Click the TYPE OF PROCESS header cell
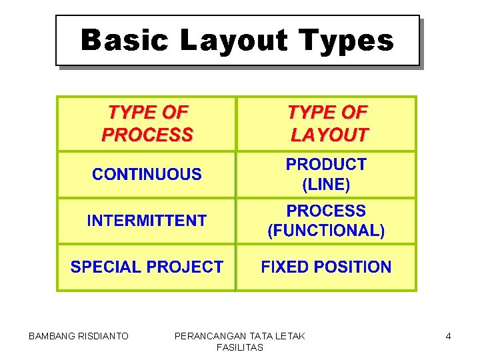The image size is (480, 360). coord(147,123)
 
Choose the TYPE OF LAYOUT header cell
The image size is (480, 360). coord(327,123)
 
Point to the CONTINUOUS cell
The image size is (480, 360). coord(147,175)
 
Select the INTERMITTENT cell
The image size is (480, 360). coord(147,221)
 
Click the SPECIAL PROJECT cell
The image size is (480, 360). coord(147,267)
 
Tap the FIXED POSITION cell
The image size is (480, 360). coord(326,267)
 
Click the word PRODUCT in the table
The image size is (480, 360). coord(326,164)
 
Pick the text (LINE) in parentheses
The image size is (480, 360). coord(326,184)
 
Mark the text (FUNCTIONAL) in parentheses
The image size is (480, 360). coord(326,231)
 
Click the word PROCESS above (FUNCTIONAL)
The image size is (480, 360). coord(326,211)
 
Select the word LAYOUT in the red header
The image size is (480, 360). coord(329,135)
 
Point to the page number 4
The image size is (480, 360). coord(448,337)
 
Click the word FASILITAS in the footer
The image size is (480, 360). coord(240,347)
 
